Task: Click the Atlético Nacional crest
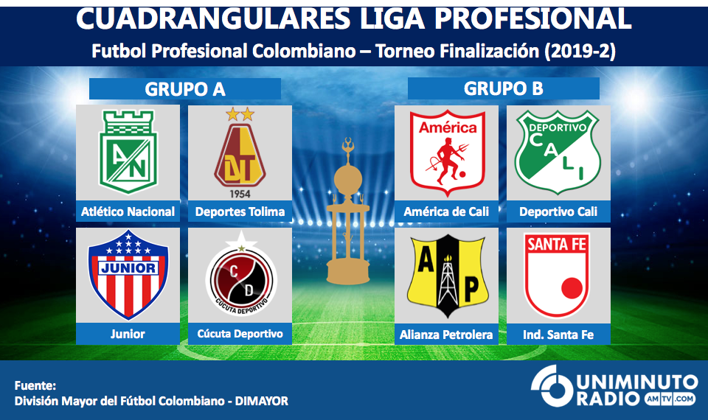128,152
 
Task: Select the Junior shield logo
128,274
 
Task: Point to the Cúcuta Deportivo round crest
241,274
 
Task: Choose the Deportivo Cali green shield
558,153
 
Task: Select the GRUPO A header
185,89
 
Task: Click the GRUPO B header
504,88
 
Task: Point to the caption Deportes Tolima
240,211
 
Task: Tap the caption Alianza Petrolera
446,335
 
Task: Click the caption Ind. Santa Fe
558,335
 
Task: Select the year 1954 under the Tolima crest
240,194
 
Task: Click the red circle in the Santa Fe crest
572,288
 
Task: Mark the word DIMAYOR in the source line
261,401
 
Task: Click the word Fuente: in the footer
35,385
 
